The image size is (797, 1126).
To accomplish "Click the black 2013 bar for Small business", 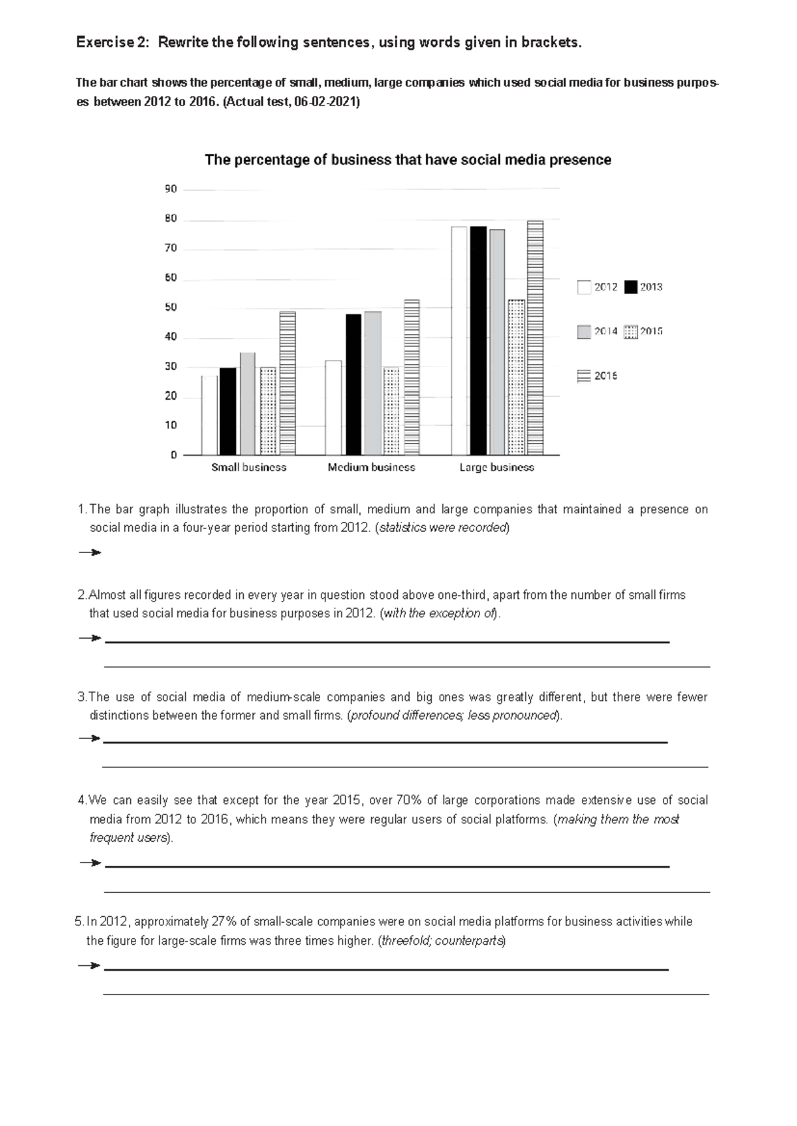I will point(227,411).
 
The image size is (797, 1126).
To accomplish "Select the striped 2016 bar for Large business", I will point(535,338).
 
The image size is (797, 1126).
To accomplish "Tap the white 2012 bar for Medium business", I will point(333,408).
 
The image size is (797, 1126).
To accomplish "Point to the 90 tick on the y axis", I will point(171,189).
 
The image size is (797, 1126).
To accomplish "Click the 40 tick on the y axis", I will point(171,337).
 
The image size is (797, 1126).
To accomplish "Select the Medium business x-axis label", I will point(371,467).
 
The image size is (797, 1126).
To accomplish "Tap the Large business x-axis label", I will point(496,467).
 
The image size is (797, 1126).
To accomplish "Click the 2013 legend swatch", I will point(630,287).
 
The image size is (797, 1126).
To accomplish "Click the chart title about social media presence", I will point(408,160).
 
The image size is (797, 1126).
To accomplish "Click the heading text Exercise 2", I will point(112,42).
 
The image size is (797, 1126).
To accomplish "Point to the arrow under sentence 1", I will point(89,552).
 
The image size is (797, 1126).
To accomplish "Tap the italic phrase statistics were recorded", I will point(442,528).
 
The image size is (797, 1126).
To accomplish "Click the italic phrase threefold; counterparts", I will point(442,941).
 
